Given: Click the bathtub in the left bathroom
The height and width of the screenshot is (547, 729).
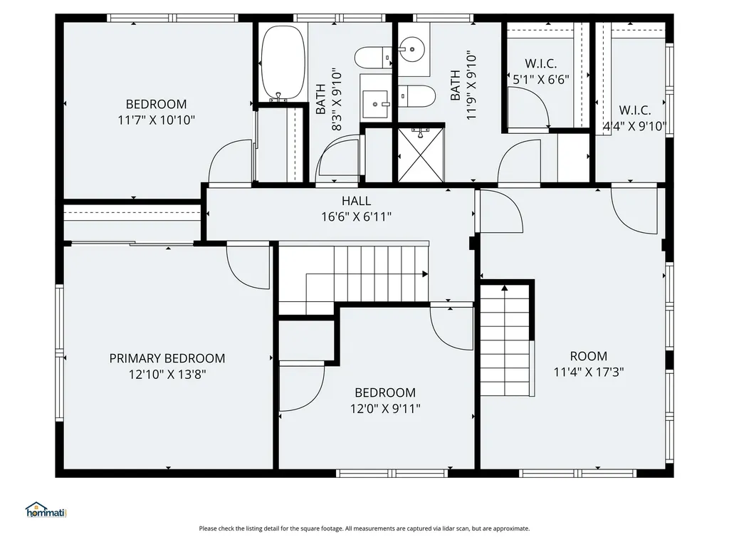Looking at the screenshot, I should pyautogui.click(x=283, y=61).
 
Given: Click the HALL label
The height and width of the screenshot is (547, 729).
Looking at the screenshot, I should pyautogui.click(x=356, y=202).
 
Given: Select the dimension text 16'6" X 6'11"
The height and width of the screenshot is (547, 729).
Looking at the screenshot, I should pyautogui.click(x=356, y=217).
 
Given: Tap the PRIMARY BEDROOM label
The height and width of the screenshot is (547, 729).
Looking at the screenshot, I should pyautogui.click(x=167, y=358).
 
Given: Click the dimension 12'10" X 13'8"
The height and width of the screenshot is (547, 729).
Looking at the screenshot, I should pyautogui.click(x=167, y=373).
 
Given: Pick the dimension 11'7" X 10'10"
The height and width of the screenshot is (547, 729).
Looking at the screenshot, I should pyautogui.click(x=156, y=120).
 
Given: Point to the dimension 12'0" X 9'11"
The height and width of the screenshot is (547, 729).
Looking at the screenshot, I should pyautogui.click(x=385, y=408).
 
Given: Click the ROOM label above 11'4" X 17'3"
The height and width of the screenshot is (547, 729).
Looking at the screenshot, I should pyautogui.click(x=589, y=356).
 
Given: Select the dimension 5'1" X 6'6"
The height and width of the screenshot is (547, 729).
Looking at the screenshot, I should pyautogui.click(x=541, y=80).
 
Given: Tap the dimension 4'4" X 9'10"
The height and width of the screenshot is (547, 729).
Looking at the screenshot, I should pyautogui.click(x=634, y=126).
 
